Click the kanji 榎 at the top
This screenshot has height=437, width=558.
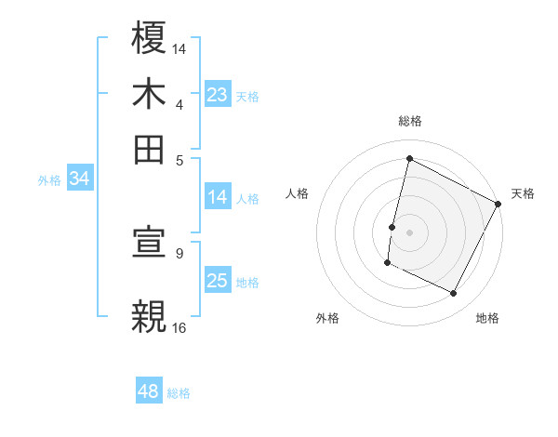coord(150,40)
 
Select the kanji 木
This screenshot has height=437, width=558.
coord(150,94)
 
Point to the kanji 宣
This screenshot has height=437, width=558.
coord(150,243)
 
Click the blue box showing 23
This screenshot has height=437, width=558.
coord(218,95)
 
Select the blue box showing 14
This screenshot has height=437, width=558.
coord(218,197)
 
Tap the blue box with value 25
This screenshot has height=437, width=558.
coord(218,281)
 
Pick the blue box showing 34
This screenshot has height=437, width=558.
coord(79,179)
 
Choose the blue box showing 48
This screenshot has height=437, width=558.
coord(149,391)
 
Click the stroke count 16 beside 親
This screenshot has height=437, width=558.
coord(179,327)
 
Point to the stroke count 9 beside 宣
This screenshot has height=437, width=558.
coord(179,252)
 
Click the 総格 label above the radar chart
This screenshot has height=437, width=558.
coord(410,121)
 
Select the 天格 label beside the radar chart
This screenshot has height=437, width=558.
coord(523,193)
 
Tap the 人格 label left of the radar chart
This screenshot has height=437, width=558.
coord(298,193)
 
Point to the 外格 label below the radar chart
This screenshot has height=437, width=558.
coord(327,319)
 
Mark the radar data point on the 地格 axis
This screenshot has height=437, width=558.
coord(453,294)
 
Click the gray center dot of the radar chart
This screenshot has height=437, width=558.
coord(410,231)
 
